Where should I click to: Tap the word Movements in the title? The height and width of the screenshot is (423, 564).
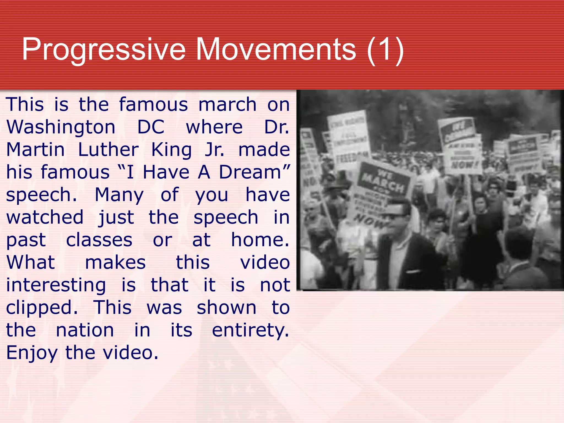276,50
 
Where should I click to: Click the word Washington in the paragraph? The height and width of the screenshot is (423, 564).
61,127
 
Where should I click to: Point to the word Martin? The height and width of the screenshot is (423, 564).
36,150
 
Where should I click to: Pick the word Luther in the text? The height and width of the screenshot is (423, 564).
108,150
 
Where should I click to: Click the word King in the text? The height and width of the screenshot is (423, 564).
171,150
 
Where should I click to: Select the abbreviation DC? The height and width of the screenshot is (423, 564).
151,127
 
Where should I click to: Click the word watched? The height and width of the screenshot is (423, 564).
45,217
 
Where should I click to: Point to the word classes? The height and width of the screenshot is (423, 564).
99,240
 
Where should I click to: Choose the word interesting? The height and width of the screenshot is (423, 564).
56,285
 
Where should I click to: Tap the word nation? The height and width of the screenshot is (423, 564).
85,330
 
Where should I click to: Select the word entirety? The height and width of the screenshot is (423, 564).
250,330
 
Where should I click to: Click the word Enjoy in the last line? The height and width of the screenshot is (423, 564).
32,353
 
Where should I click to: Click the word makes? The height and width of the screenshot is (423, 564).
115,262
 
